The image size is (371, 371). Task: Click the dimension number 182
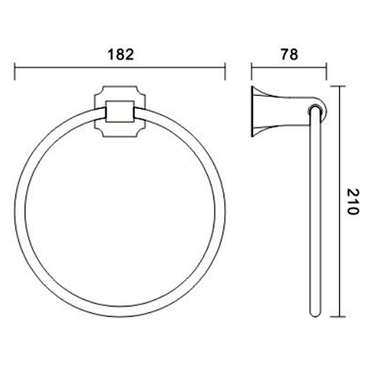[x=119, y=54]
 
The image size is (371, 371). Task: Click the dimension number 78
[x=289, y=54]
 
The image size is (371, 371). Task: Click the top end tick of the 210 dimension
[x=341, y=87]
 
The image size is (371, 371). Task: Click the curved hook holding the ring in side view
[x=315, y=109]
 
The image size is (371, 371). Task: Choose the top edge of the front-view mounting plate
[x=119, y=88]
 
